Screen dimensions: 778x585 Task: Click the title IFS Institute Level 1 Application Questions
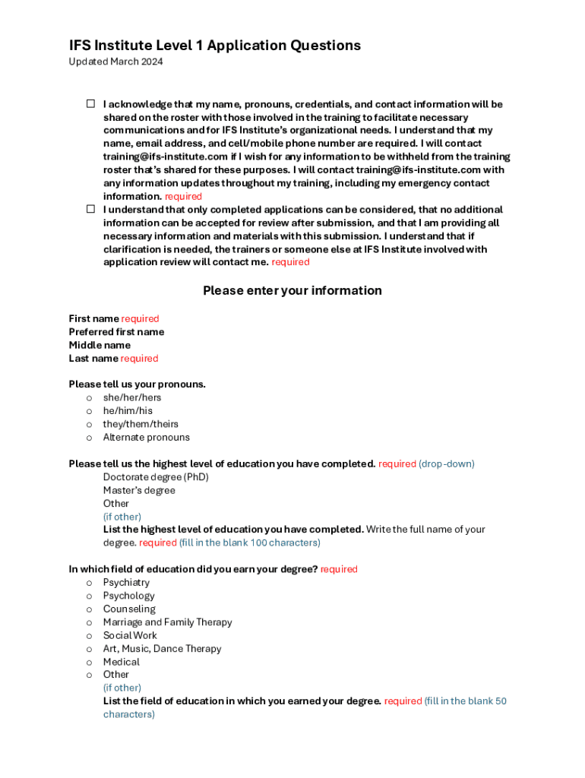point(215,46)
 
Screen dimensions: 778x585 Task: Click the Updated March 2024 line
point(115,62)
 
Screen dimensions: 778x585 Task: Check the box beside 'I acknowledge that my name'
point(90,103)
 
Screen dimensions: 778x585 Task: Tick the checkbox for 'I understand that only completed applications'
point(90,209)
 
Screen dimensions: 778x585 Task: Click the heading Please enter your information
point(292,290)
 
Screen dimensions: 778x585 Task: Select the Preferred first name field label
point(116,332)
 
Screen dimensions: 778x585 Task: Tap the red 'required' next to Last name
point(139,359)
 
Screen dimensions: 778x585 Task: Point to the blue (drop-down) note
point(447,463)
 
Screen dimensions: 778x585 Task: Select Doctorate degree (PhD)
point(156,477)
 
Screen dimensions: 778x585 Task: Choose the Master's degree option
point(139,490)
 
